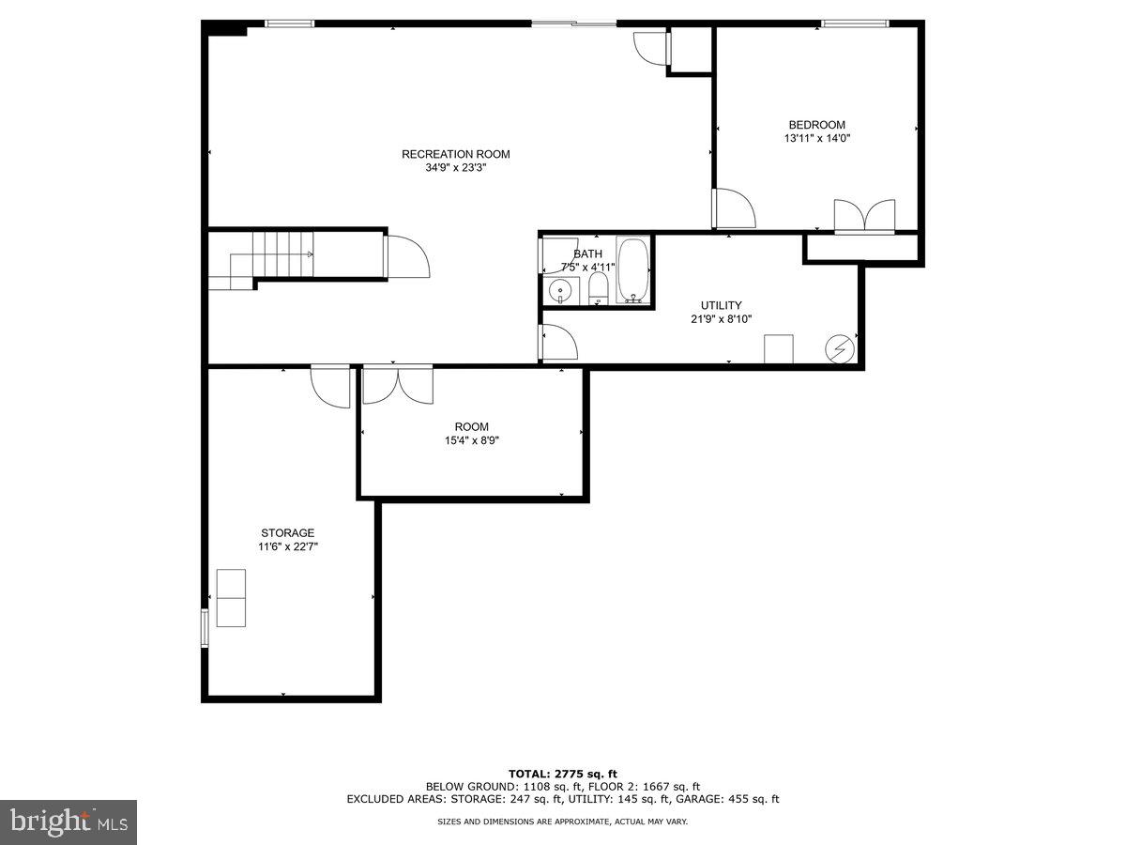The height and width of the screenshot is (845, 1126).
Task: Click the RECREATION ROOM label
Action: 456,154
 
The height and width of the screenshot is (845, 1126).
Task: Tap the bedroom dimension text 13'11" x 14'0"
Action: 816,138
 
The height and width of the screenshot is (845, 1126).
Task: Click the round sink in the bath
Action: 561,291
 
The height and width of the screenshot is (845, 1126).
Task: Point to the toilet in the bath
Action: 599,291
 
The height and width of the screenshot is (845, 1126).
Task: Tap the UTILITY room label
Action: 721,305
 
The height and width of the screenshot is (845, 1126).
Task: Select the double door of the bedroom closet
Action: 864,216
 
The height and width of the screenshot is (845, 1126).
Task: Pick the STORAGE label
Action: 287,532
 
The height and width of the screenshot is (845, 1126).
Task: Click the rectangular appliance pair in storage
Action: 231,598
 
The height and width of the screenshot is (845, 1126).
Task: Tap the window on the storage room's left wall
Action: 205,627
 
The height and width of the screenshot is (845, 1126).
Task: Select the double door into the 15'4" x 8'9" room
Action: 398,385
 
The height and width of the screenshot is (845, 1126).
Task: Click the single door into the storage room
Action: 331,386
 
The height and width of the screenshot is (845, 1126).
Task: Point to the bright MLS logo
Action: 68,822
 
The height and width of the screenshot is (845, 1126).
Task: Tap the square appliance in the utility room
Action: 779,348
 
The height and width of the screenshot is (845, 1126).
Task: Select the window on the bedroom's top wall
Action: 854,23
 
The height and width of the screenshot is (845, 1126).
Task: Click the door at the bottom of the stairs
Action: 405,255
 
